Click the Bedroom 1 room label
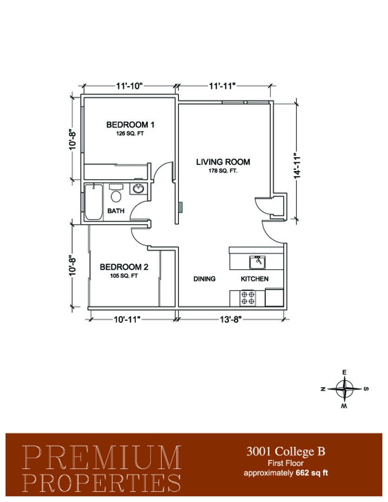[130, 125]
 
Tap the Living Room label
[223, 162]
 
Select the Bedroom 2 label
[124, 267]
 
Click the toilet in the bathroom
[116, 193]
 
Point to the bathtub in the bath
[94, 202]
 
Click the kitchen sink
[257, 262]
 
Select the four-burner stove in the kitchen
[248, 298]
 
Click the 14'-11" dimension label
[297, 165]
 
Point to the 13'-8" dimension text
[230, 319]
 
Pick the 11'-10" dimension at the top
[129, 86]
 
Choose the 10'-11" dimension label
[127, 319]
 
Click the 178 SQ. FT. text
[223, 171]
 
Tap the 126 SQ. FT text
[130, 133]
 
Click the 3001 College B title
[286, 451]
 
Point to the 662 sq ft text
[312, 473]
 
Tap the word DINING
[204, 279]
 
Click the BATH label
[116, 211]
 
